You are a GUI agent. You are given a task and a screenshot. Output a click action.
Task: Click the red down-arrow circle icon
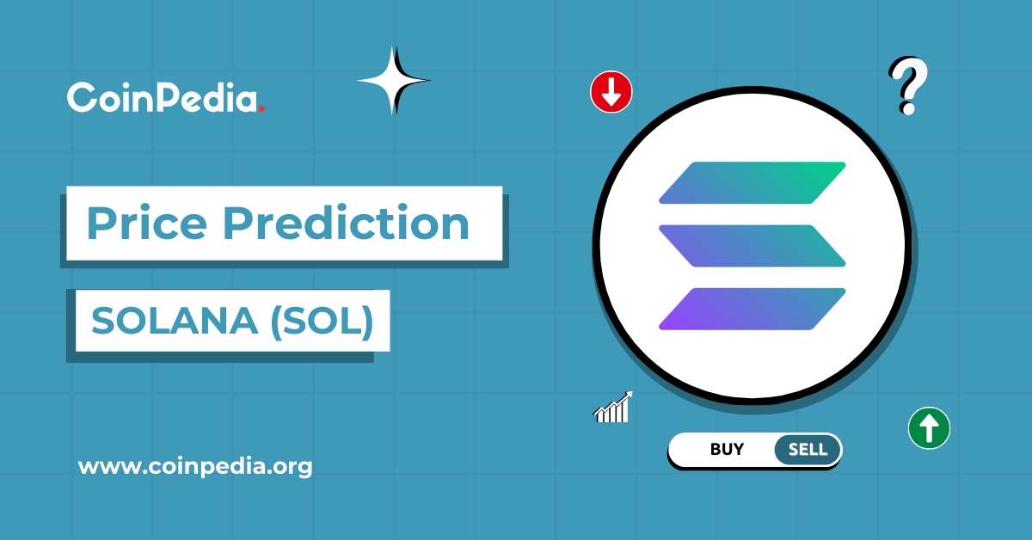pos(611,92)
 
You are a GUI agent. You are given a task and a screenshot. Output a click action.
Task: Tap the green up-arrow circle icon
pos(929,426)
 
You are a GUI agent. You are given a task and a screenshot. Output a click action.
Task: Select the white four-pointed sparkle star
pos(393,81)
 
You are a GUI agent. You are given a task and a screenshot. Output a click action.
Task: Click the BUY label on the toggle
pos(727,449)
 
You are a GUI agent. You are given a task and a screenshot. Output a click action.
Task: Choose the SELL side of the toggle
pos(807,449)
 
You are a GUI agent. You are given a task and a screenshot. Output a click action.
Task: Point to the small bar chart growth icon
pos(613,407)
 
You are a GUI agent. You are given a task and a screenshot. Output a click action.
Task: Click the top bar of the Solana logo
pos(752,182)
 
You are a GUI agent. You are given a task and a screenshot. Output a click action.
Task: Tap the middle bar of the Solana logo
pos(752,246)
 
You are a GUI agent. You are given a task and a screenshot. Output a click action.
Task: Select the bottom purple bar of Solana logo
pos(752,309)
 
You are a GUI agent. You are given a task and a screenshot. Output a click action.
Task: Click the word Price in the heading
pos(145,224)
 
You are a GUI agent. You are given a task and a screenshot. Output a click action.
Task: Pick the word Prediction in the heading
pos(347,224)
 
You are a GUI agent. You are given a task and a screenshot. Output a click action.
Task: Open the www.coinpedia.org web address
pos(195,467)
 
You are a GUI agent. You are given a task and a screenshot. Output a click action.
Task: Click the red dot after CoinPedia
pos(261,108)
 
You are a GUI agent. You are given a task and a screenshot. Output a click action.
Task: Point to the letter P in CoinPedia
pos(158,97)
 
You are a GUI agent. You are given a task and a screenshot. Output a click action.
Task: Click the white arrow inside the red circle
pos(611,92)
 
